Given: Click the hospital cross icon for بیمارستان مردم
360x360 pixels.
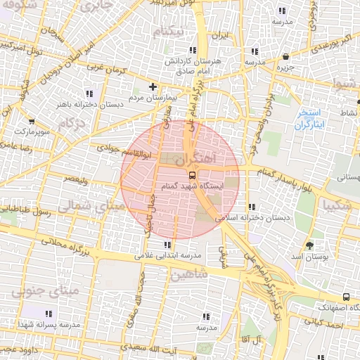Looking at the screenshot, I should [x=153, y=86].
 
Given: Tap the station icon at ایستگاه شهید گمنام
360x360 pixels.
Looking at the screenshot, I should [x=192, y=174].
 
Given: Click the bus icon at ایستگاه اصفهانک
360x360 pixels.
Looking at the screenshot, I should [x=345, y=297].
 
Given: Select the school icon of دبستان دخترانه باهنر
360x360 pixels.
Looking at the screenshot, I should [x=89, y=94].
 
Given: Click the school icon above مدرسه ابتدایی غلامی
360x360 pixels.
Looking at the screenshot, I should [x=167, y=245].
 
